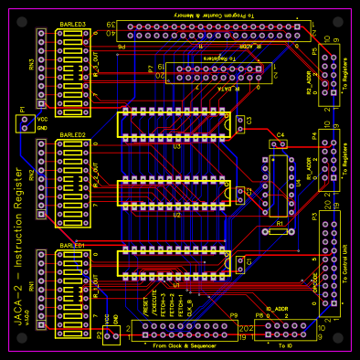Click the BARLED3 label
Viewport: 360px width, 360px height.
click(73, 25)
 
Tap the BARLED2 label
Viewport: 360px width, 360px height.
click(73, 135)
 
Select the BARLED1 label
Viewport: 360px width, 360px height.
click(73, 246)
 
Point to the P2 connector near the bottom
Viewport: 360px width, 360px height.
click(111, 337)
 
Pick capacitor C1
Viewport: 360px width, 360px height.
click(239, 262)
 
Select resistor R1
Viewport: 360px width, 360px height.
click(279, 232)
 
